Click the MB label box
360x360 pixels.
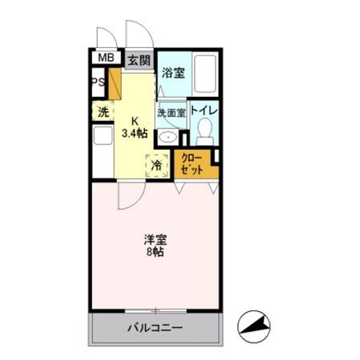point(104,58)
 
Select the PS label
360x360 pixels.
point(98,83)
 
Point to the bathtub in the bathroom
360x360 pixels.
point(205,76)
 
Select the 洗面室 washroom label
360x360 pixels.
point(172,113)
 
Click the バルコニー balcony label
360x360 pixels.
point(155,327)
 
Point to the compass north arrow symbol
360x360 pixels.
point(255,325)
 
